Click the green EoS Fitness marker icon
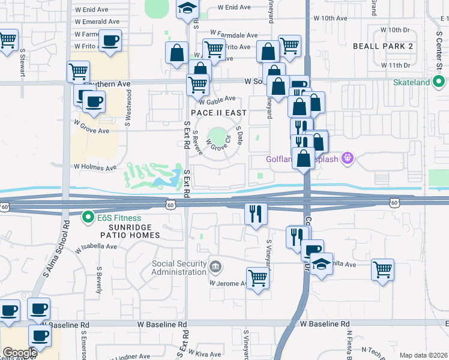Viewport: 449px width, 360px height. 89,217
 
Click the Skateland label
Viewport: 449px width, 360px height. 415,82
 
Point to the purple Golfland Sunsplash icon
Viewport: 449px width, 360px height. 347,158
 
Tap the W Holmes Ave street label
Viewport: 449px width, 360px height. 95,167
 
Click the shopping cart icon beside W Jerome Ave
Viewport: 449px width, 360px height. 258,278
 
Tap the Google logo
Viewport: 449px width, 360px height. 19,352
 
